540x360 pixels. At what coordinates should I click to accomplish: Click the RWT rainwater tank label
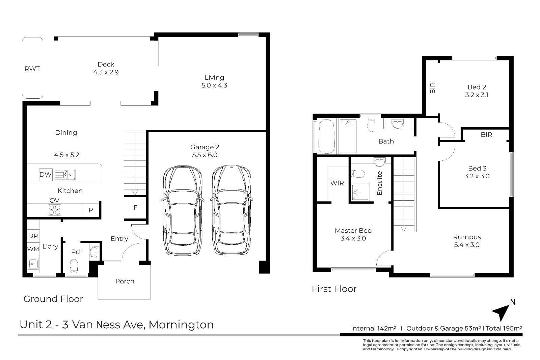pos(32,69)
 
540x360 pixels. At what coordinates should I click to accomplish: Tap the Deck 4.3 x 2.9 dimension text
pos(106,72)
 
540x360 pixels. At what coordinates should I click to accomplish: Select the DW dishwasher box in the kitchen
pos(46,174)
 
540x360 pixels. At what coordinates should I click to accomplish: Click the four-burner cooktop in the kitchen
pos(54,210)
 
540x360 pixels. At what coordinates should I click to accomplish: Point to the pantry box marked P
pos(91,210)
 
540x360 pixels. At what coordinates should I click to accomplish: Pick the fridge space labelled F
pos(135,207)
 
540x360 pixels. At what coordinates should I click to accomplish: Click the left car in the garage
pos(183,210)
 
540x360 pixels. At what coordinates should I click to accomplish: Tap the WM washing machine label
pos(33,249)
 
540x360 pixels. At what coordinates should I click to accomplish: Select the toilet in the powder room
pos(74,266)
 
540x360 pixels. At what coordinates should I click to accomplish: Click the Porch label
pos(125,281)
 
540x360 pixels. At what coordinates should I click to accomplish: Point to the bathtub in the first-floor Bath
pos(327,136)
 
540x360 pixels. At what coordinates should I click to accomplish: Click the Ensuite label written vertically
pos(379,183)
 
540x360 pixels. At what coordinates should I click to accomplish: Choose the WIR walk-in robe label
pos(337,183)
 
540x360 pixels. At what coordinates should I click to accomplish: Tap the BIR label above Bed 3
pos(486,135)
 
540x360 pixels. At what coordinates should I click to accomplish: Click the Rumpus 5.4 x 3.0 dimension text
pos(467,245)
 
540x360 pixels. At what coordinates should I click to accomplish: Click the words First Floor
pos(334,289)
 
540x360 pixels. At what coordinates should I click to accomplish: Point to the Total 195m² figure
pos(504,328)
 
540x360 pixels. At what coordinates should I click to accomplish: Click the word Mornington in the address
pos(181,325)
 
